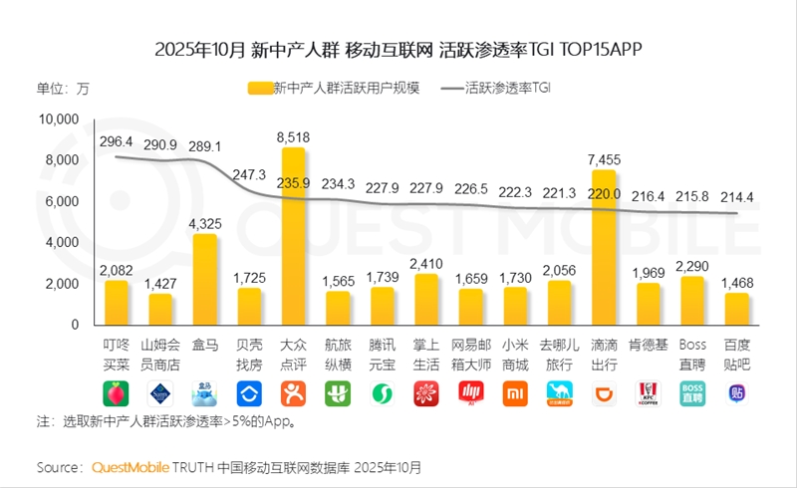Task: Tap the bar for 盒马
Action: coord(205,280)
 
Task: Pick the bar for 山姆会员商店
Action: coord(161,309)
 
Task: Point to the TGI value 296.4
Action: coord(118,144)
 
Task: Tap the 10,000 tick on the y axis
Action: coord(58,120)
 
